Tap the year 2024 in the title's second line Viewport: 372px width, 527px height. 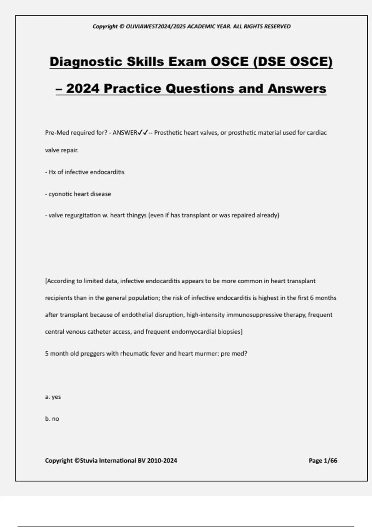click(x=83, y=89)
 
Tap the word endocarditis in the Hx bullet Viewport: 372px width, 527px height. click(x=107, y=172)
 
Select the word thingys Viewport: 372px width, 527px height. click(x=136, y=215)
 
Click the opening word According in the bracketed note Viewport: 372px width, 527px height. click(x=60, y=281)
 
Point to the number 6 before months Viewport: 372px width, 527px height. click(x=312, y=298)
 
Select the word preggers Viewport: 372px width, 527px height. click(x=93, y=354)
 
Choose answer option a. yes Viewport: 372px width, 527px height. click(x=53, y=397)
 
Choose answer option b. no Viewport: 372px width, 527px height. click(x=52, y=419)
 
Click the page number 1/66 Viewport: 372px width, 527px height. click(x=330, y=461)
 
